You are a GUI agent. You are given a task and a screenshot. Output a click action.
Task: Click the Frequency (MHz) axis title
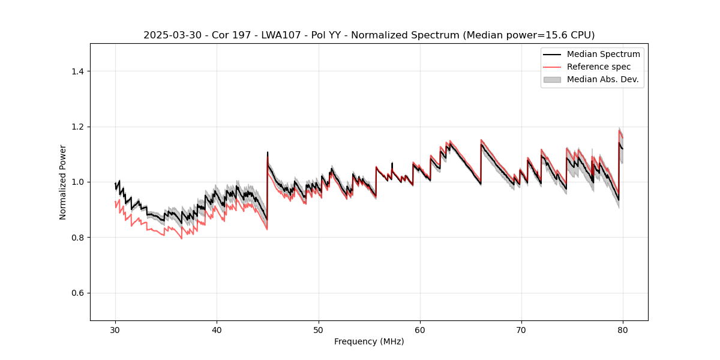[x=369, y=341]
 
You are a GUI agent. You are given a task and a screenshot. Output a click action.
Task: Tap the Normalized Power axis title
[x=63, y=182]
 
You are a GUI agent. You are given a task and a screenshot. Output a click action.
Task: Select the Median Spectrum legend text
[x=603, y=54]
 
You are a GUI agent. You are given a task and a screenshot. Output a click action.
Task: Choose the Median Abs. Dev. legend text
[x=602, y=79]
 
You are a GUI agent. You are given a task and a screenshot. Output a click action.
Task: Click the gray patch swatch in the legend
[x=552, y=79]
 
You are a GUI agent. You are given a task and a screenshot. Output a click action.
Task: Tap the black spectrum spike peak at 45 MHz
[x=268, y=152]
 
